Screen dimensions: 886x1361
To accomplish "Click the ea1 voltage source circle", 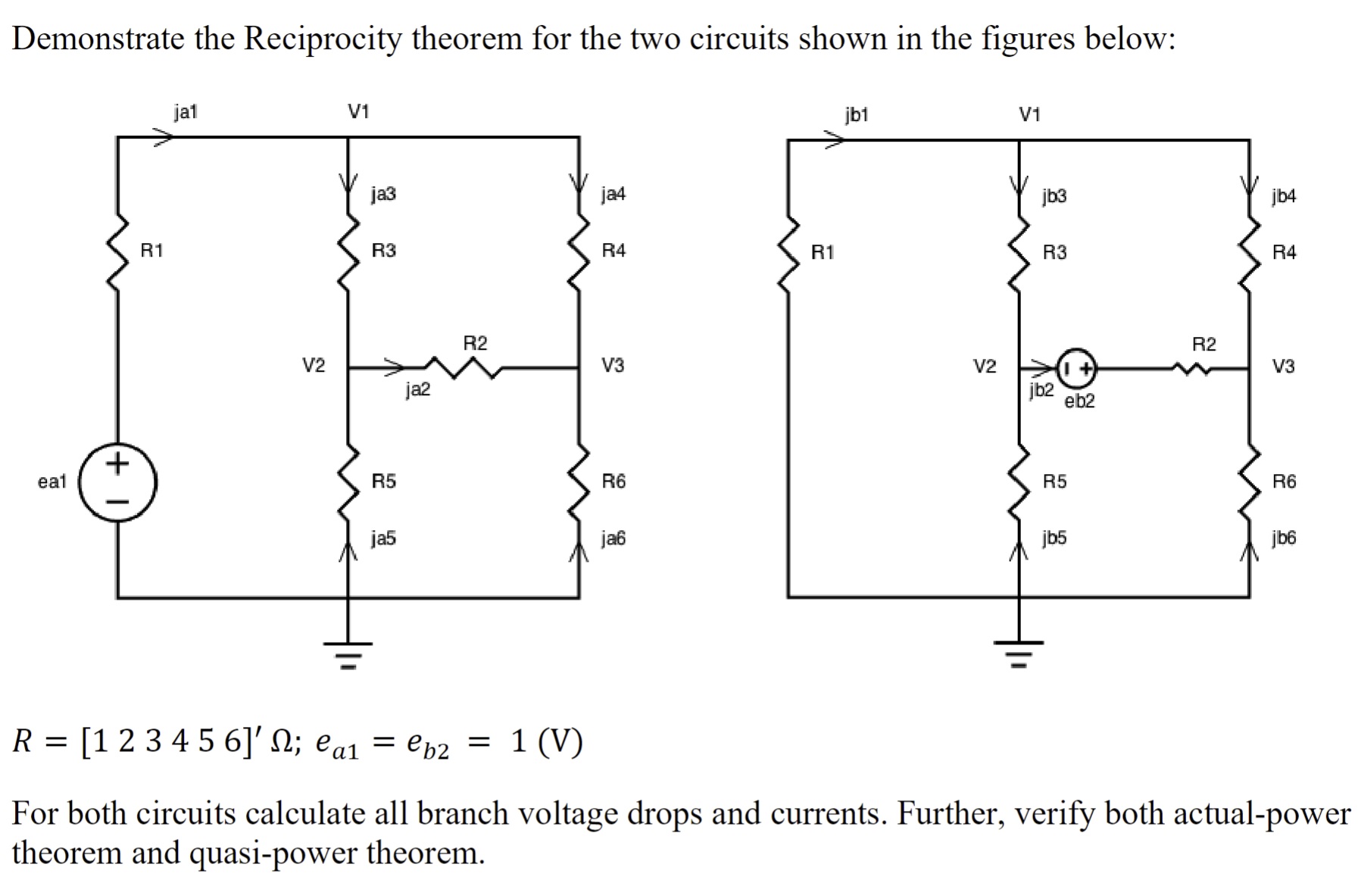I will tap(118, 482).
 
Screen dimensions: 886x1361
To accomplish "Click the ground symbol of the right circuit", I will tap(1019, 652).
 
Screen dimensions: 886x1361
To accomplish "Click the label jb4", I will tap(1284, 196).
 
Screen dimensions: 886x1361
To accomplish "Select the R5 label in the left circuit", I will tap(383, 481).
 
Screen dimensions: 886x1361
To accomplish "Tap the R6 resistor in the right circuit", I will tap(1249, 481).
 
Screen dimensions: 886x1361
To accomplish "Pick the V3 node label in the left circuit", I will tap(613, 366).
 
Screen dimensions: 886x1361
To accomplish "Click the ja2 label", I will tap(417, 389).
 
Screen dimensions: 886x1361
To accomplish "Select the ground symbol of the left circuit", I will tap(348, 653).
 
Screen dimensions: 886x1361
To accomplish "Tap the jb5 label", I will tap(1054, 538).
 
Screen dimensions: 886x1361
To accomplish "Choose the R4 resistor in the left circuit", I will tap(579, 251).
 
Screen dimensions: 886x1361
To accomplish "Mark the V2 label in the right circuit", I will tap(984, 367).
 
